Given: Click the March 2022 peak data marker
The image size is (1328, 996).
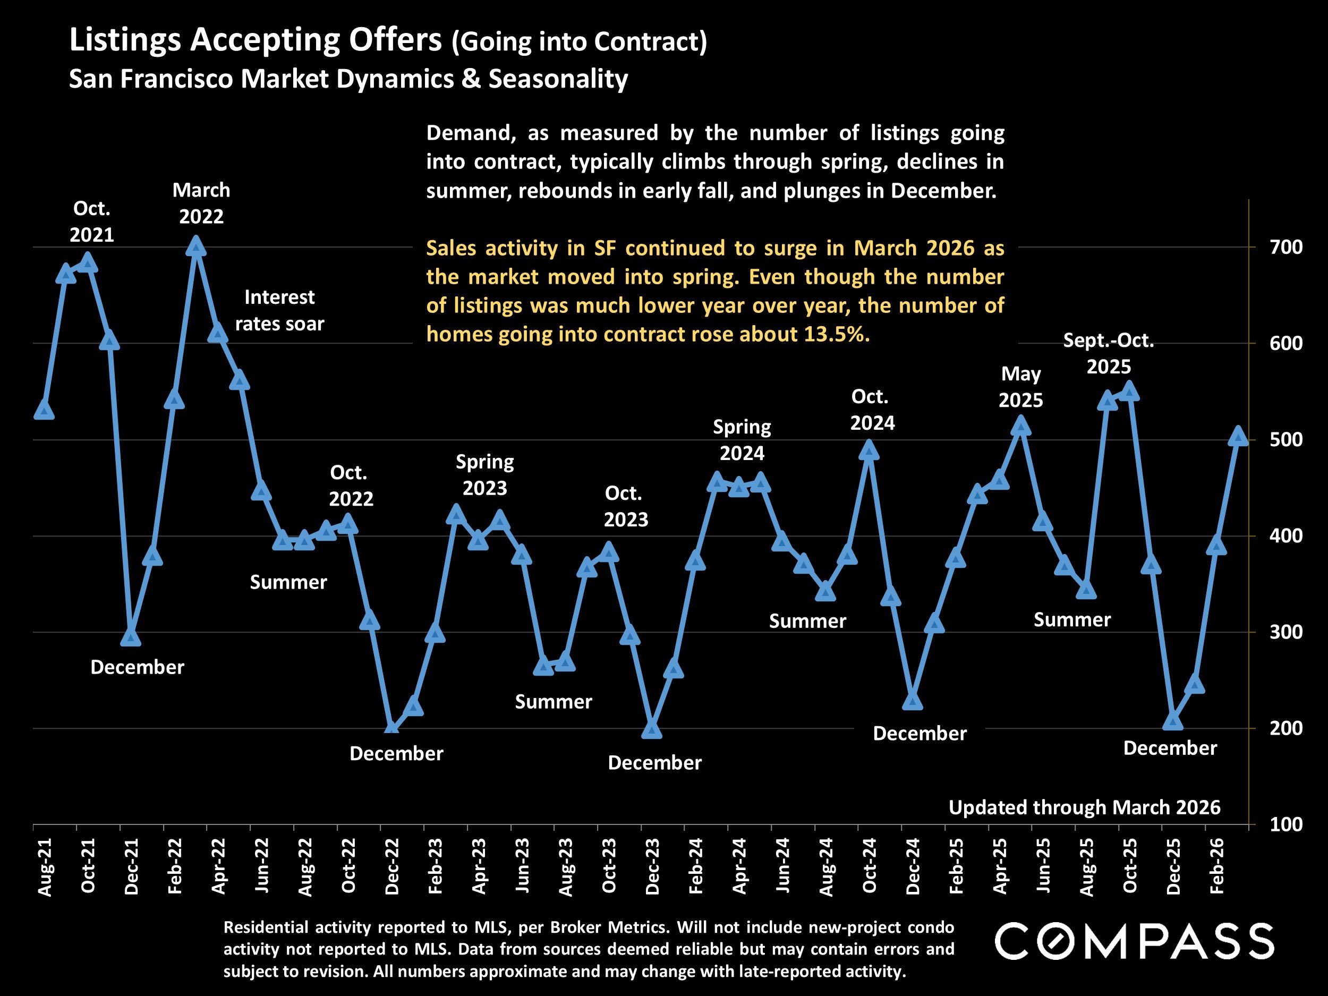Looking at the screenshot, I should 195,246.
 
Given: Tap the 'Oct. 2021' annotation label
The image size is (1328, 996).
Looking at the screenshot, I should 91,222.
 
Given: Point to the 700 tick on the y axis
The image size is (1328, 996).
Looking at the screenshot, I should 1286,247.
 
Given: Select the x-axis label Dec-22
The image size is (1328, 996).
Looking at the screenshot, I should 392,867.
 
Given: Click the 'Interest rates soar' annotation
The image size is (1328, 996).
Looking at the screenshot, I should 279,310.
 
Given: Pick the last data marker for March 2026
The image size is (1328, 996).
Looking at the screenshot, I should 1238,437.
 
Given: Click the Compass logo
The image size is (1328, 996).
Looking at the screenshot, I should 1135,941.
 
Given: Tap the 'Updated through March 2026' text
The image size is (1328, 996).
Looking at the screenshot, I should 1084,807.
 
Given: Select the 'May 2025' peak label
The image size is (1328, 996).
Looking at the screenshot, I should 1020,387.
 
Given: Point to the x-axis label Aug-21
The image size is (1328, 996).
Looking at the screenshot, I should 45,867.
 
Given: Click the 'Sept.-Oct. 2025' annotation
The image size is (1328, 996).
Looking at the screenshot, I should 1108,354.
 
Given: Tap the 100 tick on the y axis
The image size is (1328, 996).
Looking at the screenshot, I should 1286,824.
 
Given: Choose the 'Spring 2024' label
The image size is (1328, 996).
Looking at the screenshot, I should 742,439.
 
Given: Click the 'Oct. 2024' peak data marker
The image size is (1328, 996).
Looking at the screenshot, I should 869,450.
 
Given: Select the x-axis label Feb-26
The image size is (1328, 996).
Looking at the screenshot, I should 1217,867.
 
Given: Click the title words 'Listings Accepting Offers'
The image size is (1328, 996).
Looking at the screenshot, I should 256,40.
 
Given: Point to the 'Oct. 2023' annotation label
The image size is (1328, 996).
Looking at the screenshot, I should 626,506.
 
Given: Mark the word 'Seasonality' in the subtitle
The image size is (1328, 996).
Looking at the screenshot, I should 558,79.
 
